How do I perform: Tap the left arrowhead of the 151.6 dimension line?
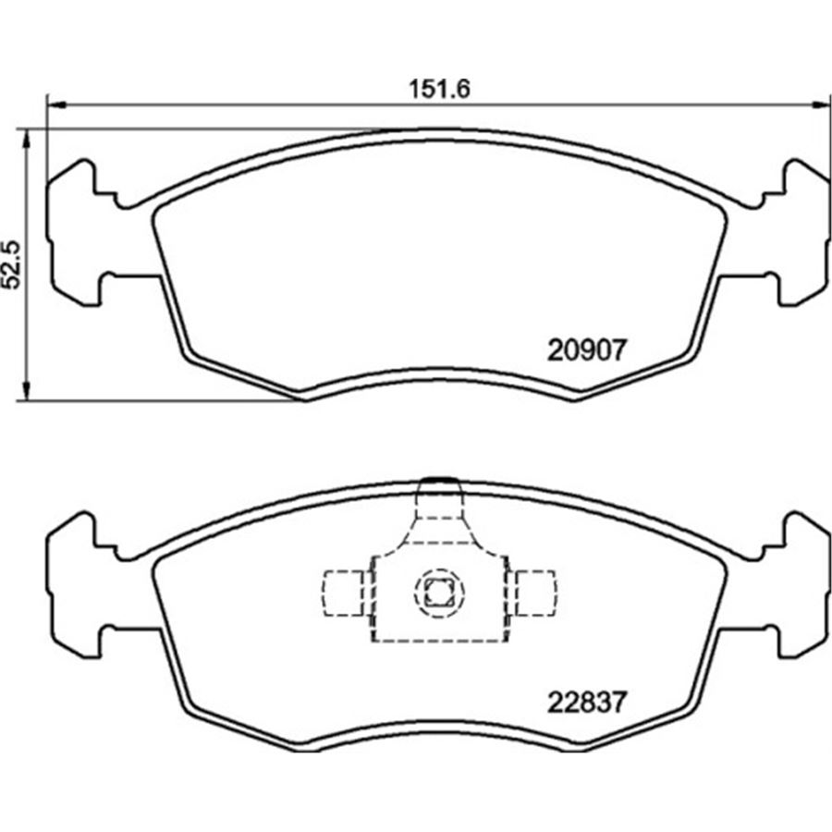(x=55, y=105)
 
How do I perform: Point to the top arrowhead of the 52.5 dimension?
(x=28, y=136)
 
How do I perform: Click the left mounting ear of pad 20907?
(x=74, y=230)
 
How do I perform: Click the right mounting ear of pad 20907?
(x=802, y=230)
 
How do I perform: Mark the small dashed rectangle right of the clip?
(x=535, y=592)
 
